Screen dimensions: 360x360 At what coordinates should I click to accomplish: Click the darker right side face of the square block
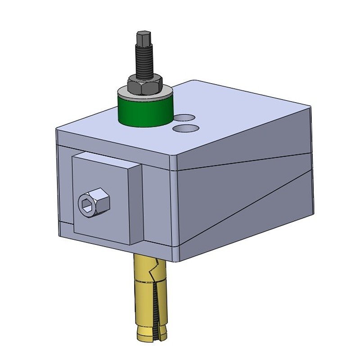click(x=136, y=205)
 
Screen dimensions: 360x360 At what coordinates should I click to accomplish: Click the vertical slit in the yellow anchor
click(x=156, y=306)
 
